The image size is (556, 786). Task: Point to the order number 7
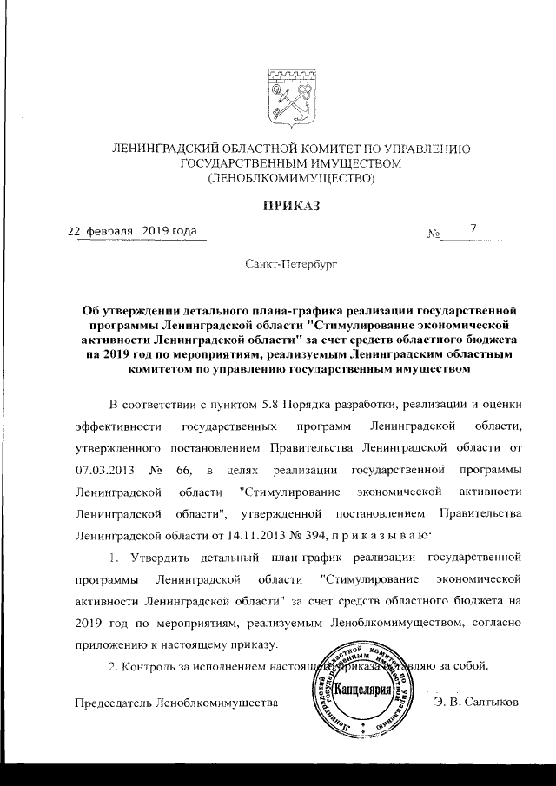pyautogui.click(x=473, y=229)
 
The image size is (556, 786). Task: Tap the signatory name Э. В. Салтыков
pyautogui.click(x=475, y=701)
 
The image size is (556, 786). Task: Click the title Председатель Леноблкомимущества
pyautogui.click(x=166, y=701)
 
